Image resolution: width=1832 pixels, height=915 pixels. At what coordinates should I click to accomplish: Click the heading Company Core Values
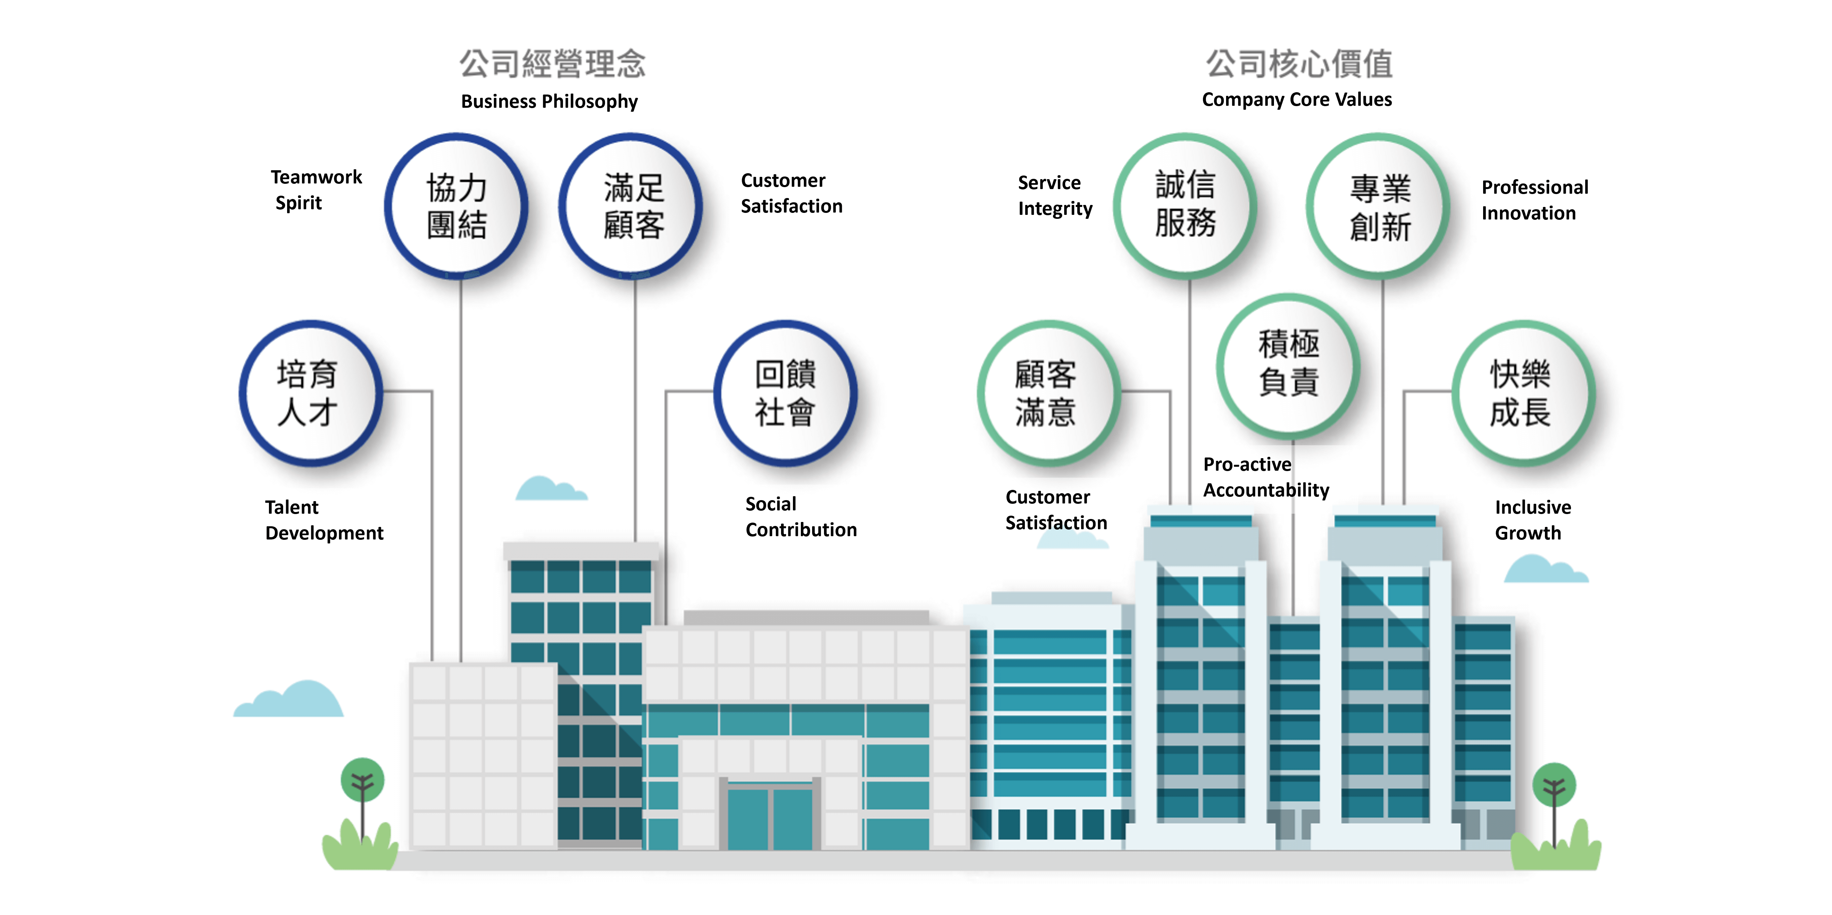[x=1296, y=99]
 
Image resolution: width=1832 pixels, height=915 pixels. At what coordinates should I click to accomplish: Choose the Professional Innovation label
[x=1535, y=200]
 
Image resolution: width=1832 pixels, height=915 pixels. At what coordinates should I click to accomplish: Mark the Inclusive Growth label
[x=1533, y=520]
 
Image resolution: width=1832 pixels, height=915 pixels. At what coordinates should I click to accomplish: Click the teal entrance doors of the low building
[x=770, y=816]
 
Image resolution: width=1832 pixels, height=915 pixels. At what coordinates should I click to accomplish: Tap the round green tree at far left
[x=363, y=780]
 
